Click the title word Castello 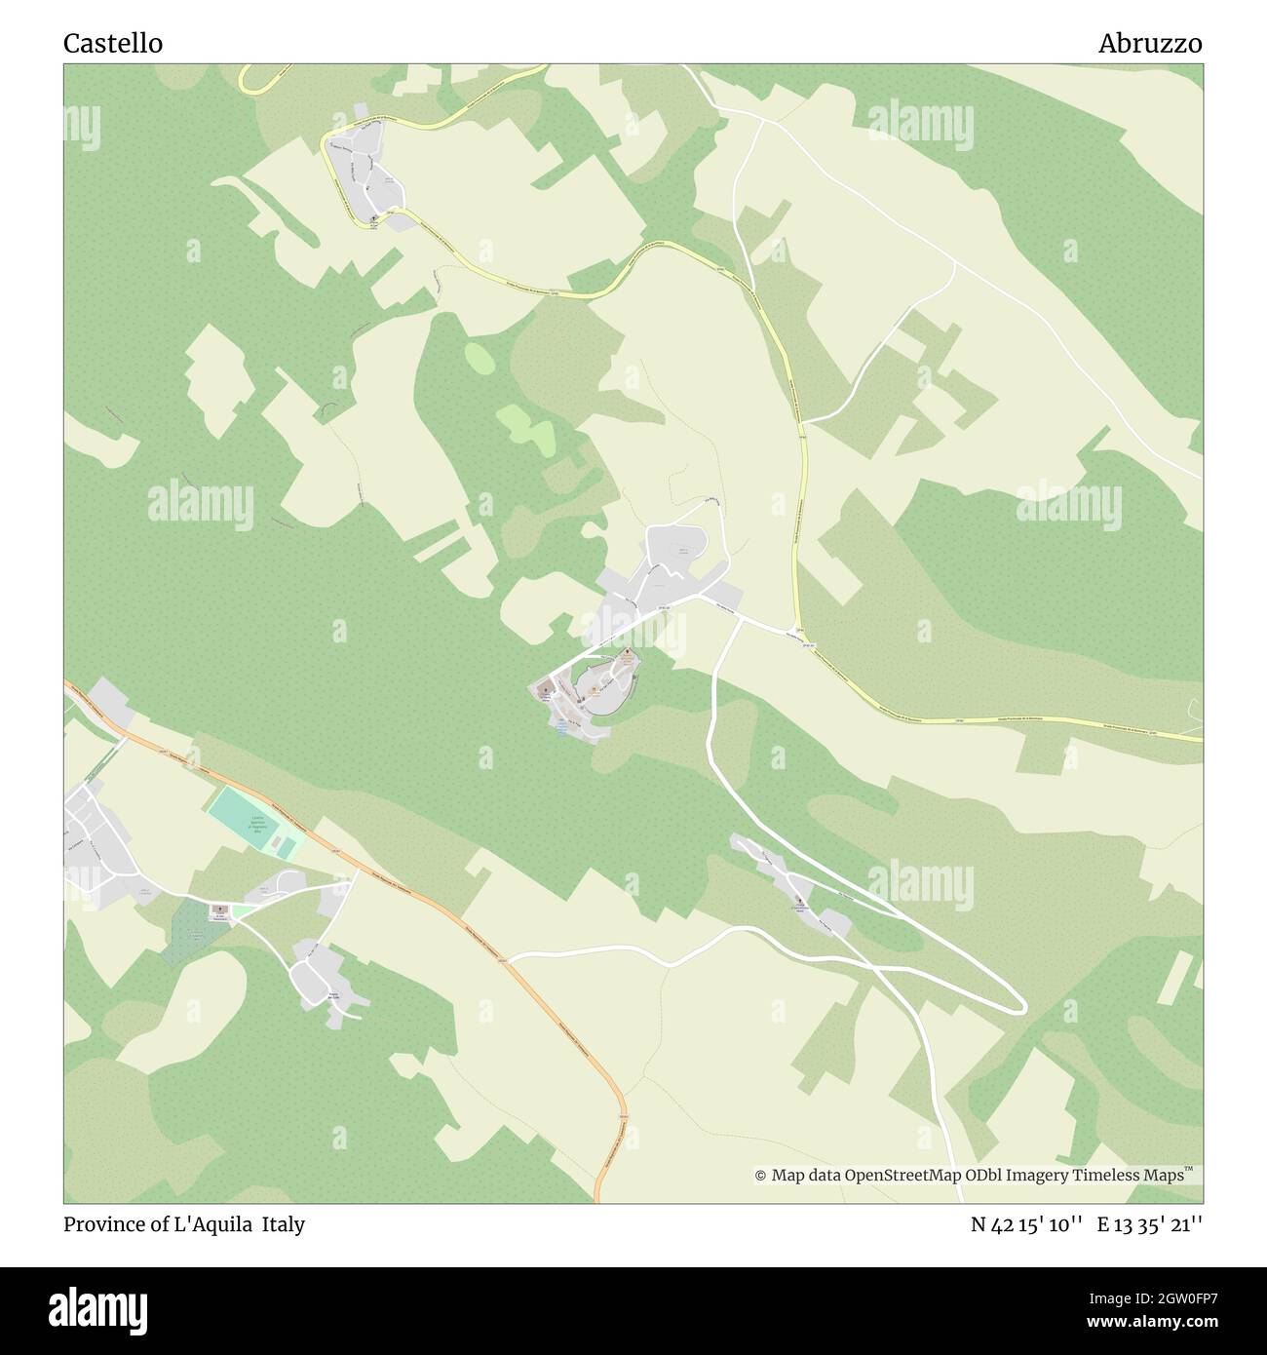tap(113, 44)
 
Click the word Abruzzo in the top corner tap(1150, 44)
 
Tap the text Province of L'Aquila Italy tap(184, 1224)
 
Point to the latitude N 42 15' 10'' tap(1026, 1224)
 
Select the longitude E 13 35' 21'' tap(1150, 1224)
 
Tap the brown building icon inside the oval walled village tap(627, 654)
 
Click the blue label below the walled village tap(562, 727)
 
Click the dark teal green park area tap(195, 931)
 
